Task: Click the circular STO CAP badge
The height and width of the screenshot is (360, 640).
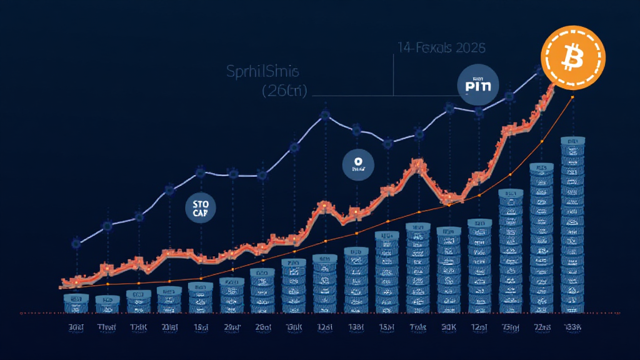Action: (201, 207)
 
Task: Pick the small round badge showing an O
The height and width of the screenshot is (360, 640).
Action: (357, 164)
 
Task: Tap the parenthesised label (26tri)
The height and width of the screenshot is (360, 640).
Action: (284, 91)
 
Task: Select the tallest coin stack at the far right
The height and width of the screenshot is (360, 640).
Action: (572, 225)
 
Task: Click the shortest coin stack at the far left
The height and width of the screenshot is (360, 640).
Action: (76, 304)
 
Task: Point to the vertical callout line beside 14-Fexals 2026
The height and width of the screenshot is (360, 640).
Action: (394, 75)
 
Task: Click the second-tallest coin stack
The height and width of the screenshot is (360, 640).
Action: (541, 237)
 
